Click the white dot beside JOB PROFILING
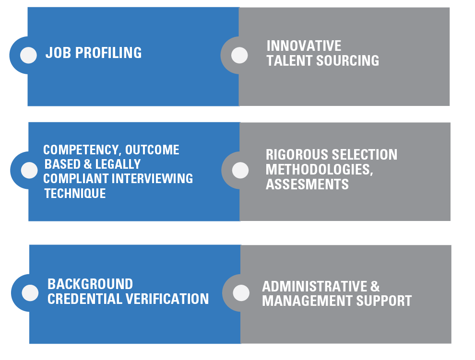tap(28, 55)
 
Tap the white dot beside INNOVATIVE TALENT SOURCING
tap(239, 55)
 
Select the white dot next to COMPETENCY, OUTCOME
tap(29, 170)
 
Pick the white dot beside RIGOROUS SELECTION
tap(240, 170)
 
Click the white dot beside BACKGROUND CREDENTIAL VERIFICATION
tap(30, 293)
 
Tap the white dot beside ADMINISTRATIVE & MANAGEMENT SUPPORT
tap(241, 293)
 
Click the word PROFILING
tap(108, 53)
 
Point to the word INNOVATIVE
tap(304, 46)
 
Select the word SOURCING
tap(347, 60)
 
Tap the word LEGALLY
tap(118, 164)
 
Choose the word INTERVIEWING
tap(152, 179)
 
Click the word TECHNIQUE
tap(75, 194)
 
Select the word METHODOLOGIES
tap(319, 170)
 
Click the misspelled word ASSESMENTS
tap(307, 185)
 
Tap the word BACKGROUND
tap(90, 284)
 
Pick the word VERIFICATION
tap(167, 299)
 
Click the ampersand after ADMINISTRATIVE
tap(375, 287)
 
